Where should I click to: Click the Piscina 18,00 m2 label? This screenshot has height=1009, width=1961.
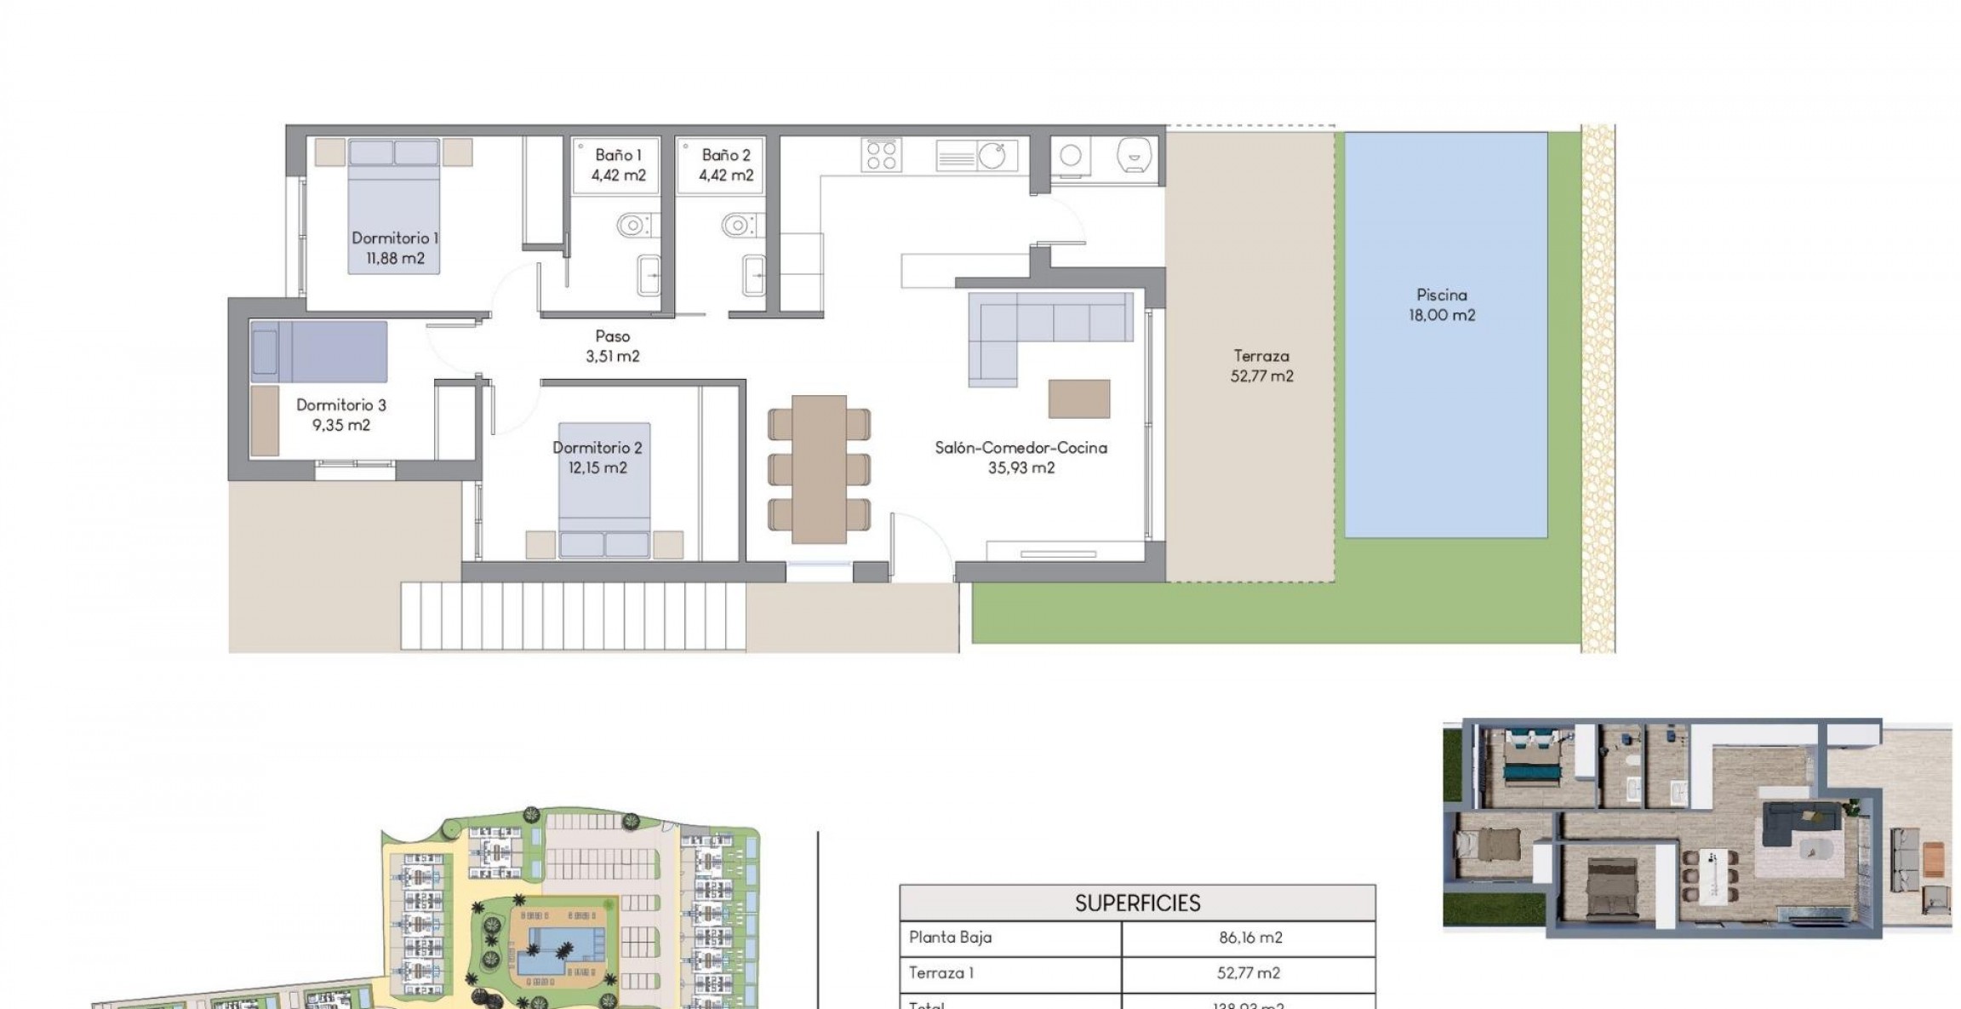[x=1441, y=305]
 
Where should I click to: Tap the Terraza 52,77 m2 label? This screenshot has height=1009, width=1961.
[x=1261, y=366]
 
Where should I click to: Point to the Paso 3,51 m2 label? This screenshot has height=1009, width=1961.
[x=612, y=346]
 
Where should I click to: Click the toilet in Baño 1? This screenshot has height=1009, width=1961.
[x=632, y=226]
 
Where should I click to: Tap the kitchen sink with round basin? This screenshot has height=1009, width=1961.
[x=991, y=156]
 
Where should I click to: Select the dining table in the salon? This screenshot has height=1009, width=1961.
[x=819, y=468]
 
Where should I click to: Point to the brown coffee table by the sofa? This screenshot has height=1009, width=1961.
[x=1078, y=398]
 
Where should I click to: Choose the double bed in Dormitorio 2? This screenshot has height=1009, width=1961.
[x=603, y=490]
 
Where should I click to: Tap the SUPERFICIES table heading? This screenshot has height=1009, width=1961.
[x=1137, y=903]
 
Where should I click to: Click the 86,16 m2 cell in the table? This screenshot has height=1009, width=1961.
[x=1249, y=937]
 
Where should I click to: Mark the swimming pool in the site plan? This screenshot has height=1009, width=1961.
[x=560, y=951]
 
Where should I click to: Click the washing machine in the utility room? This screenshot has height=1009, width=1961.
[x=1071, y=156]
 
